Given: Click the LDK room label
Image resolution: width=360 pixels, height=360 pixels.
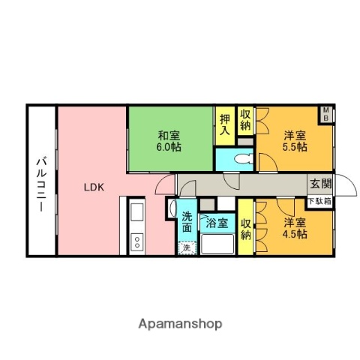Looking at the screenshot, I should coord(93,187).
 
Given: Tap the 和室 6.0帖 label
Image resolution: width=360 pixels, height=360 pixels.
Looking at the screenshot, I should coord(169,141).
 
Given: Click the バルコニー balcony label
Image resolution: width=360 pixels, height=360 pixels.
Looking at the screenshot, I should coord(41,181).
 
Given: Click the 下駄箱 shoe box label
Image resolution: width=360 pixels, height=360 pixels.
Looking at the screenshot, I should coord(320,201).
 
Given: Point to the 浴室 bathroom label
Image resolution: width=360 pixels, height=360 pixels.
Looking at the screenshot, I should coord(217,223).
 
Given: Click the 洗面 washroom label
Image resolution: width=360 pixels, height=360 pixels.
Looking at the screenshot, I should coord(187,223).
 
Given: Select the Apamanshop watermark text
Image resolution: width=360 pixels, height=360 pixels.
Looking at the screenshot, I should coord(179,324).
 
